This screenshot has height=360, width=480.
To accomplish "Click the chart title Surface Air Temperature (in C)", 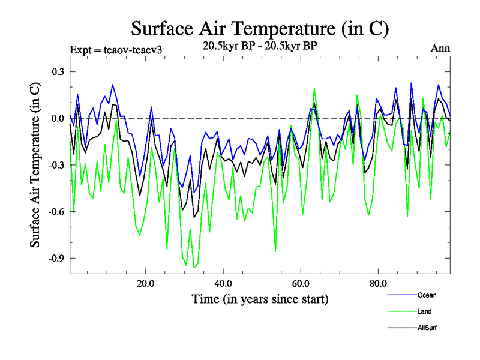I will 260,28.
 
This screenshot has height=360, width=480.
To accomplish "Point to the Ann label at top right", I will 440,49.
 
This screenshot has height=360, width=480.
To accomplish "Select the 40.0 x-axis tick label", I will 223,283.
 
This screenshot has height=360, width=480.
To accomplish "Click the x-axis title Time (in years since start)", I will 260,298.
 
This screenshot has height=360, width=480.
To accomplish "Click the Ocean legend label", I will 427,295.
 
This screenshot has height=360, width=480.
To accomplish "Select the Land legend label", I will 424,311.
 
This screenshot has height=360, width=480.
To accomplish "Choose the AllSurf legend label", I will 428,328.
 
